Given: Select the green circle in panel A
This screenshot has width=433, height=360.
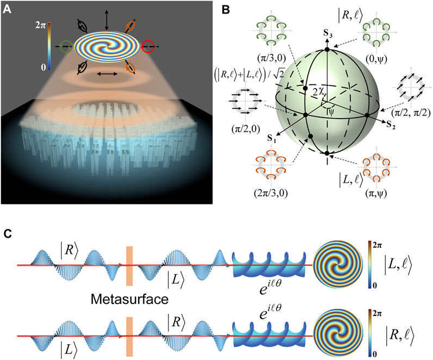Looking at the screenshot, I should tap(66, 47).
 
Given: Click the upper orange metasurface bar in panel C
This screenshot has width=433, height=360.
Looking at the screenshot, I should tap(129, 263).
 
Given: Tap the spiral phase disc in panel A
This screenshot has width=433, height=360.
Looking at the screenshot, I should tap(107, 48).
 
